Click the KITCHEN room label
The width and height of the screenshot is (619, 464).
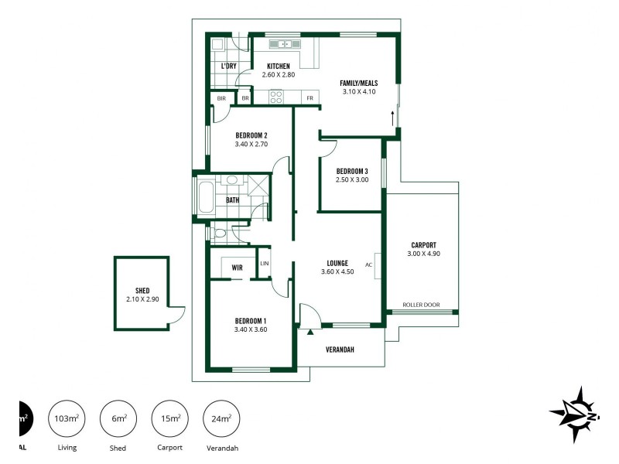[x=279, y=66]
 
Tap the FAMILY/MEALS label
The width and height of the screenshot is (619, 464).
[x=358, y=82]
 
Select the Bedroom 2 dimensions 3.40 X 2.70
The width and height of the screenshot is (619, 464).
[x=251, y=144]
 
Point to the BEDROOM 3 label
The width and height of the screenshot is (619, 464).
[x=352, y=171]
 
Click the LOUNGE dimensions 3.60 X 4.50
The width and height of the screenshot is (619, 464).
[x=337, y=271]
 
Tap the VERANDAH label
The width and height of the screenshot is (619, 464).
[x=339, y=350]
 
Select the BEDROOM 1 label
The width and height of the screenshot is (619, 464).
[x=251, y=321]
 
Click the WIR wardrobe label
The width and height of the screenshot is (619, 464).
[x=238, y=268]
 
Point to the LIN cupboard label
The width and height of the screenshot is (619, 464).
[x=265, y=264]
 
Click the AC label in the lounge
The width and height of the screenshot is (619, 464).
[x=369, y=264]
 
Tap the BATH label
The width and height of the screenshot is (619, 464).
[x=232, y=200]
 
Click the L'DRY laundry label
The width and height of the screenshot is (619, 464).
[x=228, y=66]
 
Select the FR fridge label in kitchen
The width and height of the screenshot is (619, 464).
[x=309, y=98]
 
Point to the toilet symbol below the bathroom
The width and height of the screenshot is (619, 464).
[x=219, y=232]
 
